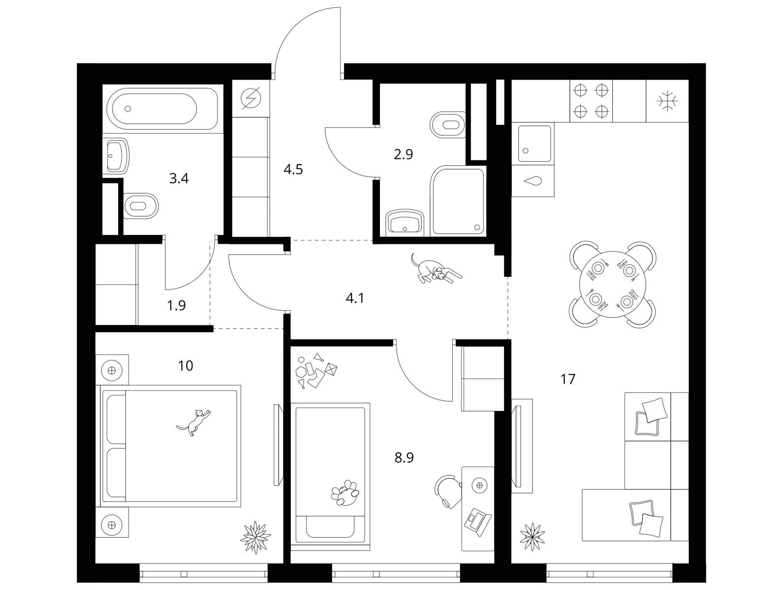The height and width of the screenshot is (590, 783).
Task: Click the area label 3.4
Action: tap(179, 178)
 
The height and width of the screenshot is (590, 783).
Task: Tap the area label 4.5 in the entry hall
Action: tap(293, 170)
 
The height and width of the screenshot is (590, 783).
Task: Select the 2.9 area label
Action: tap(403, 154)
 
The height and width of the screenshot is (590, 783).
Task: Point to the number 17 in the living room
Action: tap(568, 379)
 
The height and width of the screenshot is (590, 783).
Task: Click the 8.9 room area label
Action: tap(404, 458)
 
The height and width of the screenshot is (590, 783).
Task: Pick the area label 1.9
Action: tap(176, 306)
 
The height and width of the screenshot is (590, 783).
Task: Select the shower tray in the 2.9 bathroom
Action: tap(458, 202)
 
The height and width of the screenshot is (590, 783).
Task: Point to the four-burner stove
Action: tap(591, 101)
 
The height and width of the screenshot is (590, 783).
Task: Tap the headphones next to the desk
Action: tap(447, 489)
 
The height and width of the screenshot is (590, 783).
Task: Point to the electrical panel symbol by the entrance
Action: tap(251, 98)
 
